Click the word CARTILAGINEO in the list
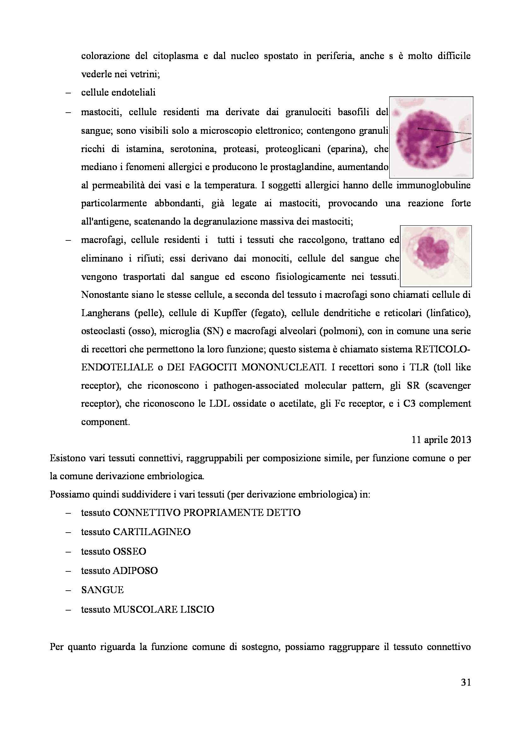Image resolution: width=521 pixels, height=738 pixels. (152, 532)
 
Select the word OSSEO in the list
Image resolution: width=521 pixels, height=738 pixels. (129, 551)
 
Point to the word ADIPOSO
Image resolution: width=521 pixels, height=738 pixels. (135, 570)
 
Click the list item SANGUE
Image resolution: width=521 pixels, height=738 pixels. (102, 590)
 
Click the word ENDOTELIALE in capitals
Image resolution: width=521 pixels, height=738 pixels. (117, 367)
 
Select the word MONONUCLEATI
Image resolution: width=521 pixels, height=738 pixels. (283, 367)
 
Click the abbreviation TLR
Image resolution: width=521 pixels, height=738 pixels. (419, 367)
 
